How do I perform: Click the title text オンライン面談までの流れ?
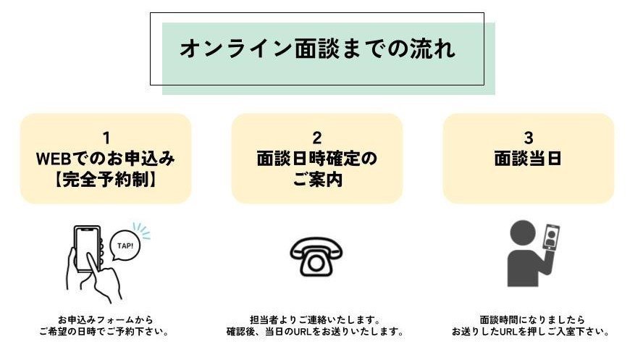click(x=317, y=49)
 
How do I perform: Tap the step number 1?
click(x=106, y=138)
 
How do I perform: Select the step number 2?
click(x=316, y=138)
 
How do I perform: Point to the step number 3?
click(x=528, y=138)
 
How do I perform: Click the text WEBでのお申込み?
click(x=106, y=159)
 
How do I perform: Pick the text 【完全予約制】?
click(x=106, y=180)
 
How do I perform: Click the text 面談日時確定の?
click(x=316, y=159)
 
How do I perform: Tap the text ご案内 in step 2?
click(x=316, y=180)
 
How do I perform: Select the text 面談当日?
click(x=528, y=159)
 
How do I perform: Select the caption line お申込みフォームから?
click(x=106, y=319)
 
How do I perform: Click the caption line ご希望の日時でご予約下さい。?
click(x=106, y=332)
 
